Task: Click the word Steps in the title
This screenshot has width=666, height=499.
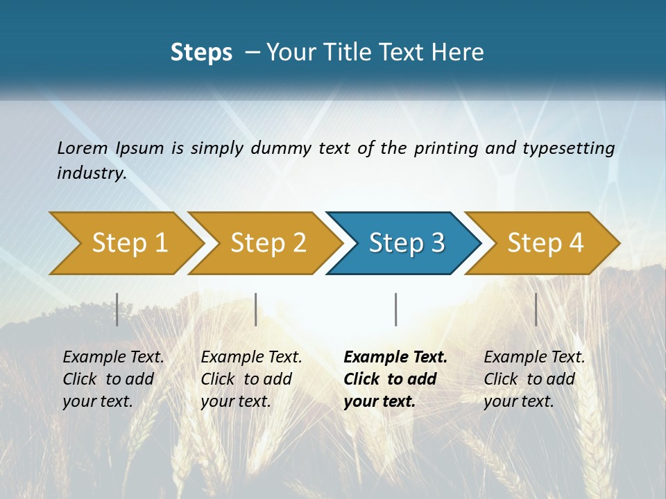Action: [201, 53]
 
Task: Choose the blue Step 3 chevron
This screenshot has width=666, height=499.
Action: [407, 243]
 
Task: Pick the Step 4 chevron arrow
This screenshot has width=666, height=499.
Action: [545, 243]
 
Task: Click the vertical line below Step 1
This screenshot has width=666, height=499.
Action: [117, 309]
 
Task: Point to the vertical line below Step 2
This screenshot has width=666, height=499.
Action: [256, 309]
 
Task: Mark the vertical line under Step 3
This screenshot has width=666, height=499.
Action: [395, 309]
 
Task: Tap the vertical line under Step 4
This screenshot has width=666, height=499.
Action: [536, 309]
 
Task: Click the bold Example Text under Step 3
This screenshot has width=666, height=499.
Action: [395, 358]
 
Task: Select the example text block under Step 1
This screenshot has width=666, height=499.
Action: [113, 379]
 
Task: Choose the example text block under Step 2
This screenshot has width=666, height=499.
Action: [251, 379]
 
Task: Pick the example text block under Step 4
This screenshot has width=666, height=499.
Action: [534, 379]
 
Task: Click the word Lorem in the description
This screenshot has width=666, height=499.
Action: [83, 148]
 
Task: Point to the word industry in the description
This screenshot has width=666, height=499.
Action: [92, 173]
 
